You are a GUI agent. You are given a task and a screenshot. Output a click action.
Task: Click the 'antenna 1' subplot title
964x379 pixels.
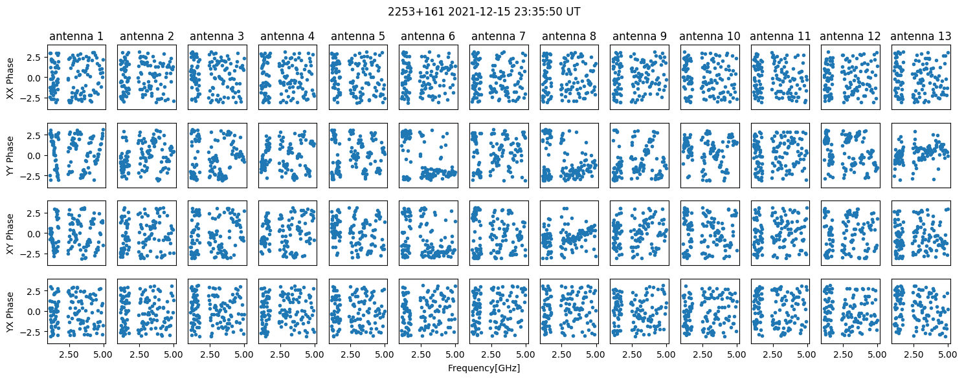pyautogui.click(x=76, y=36)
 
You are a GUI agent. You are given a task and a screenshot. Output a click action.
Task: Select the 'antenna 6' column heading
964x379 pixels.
pyautogui.click(x=428, y=36)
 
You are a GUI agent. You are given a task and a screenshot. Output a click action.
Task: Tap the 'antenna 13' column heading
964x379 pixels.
pyautogui.click(x=921, y=36)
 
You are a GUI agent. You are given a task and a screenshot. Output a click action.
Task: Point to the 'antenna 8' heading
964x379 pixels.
pyautogui.click(x=569, y=36)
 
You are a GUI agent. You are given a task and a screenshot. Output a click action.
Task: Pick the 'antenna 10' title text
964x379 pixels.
pyautogui.click(x=710, y=36)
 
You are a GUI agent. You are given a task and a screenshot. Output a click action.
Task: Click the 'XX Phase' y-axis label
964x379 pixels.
pyautogui.click(x=10, y=78)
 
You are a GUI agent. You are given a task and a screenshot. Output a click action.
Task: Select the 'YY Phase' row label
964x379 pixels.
pyautogui.click(x=10, y=156)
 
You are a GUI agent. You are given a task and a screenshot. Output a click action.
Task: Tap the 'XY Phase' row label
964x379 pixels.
pyautogui.click(x=10, y=233)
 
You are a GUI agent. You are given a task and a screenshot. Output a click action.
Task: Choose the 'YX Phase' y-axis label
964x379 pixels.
pyautogui.click(x=10, y=312)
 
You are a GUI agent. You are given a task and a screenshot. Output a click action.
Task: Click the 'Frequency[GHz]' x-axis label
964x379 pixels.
pyautogui.click(x=484, y=368)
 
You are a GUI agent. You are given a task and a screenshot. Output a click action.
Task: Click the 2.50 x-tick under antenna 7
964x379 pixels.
pyautogui.click(x=491, y=354)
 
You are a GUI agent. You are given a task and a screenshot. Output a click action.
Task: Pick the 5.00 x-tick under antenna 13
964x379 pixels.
pyautogui.click(x=948, y=354)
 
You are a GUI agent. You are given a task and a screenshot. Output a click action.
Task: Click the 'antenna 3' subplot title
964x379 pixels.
pyautogui.click(x=217, y=36)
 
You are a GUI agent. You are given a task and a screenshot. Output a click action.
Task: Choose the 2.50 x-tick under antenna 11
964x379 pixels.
pyautogui.click(x=772, y=354)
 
